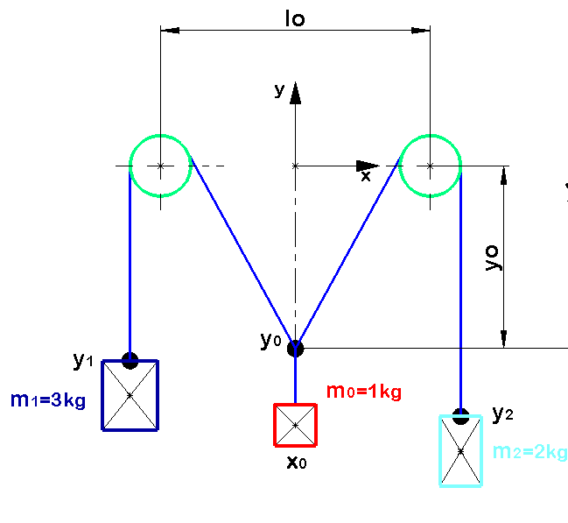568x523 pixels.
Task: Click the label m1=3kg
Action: pos(48,400)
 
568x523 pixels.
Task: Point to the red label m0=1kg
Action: pos(364,392)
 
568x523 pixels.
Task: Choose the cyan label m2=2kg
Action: pos(530,452)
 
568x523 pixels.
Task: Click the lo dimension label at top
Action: pos(295,18)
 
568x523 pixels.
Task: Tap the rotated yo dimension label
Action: pos(493,258)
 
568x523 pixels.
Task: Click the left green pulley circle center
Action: pos(160,166)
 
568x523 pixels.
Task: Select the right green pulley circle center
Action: pos(430,166)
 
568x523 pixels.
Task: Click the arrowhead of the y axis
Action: pos(295,93)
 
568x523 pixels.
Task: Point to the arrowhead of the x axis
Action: pos(368,166)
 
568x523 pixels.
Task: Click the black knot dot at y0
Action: pos(295,349)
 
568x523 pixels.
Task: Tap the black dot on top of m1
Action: pos(130,361)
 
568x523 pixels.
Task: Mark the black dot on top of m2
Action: pos(460,416)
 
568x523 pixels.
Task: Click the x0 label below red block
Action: pos(297,463)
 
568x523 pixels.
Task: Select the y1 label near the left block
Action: pos(83,361)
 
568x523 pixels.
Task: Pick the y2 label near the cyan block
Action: pos(502,413)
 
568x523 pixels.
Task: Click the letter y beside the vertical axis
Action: pos(279,90)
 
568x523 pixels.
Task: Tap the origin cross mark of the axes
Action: pos(295,166)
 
